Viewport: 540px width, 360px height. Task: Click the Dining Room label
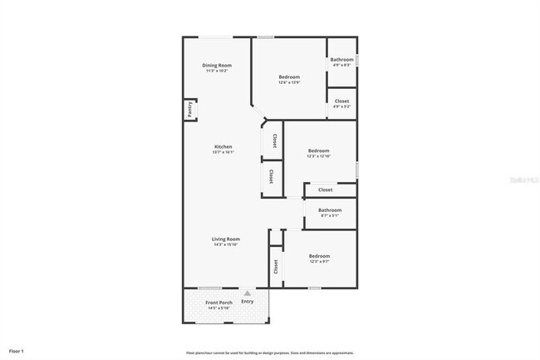click(x=217, y=65)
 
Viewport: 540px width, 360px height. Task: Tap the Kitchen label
click(x=223, y=147)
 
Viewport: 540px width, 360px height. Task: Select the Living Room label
click(x=226, y=239)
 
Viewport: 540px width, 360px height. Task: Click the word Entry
click(x=247, y=301)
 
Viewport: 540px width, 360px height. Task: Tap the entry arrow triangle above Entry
click(x=247, y=293)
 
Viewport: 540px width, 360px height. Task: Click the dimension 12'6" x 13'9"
click(x=289, y=82)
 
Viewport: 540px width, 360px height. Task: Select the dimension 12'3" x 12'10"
click(x=319, y=156)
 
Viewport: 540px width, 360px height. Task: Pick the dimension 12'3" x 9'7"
click(x=319, y=261)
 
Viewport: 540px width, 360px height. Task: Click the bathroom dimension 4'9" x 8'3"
click(x=342, y=65)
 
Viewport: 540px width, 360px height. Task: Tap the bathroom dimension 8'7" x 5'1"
click(x=330, y=215)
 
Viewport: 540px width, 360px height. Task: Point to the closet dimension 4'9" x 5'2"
click(x=342, y=106)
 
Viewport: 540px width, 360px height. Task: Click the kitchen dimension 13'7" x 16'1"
click(x=223, y=152)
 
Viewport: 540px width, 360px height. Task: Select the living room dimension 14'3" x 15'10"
click(x=226, y=244)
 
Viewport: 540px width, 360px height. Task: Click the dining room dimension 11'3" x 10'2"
click(x=217, y=71)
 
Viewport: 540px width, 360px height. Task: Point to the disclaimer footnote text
click(x=269, y=352)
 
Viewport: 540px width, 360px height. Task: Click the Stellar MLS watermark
click(x=523, y=178)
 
